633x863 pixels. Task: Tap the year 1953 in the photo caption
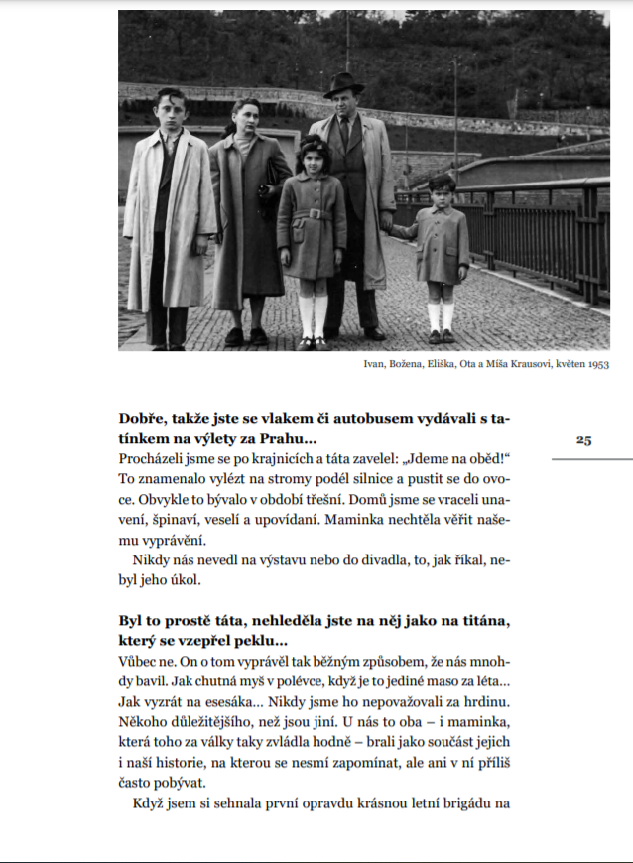click(597, 364)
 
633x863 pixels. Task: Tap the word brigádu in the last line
click(465, 802)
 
